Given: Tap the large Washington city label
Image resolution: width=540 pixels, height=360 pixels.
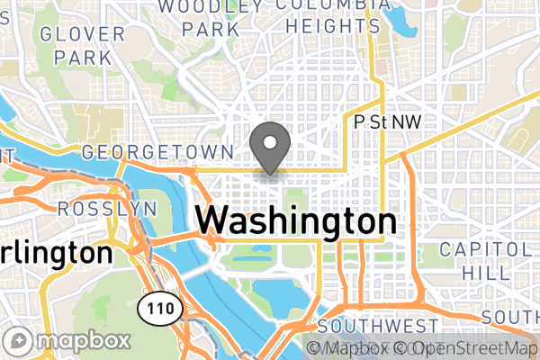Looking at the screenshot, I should [x=295, y=221].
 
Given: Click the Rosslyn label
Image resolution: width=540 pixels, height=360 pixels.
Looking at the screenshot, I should [x=106, y=209].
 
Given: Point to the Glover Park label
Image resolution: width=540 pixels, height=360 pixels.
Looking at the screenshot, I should [x=82, y=46].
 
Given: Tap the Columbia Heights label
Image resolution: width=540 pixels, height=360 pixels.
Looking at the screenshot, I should [x=328, y=15].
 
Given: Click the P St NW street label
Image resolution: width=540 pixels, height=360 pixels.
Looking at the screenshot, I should [x=388, y=121].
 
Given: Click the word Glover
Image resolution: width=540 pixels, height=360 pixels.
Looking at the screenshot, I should [x=82, y=35].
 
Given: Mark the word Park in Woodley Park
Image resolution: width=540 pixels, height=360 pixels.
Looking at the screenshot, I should [x=211, y=29].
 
